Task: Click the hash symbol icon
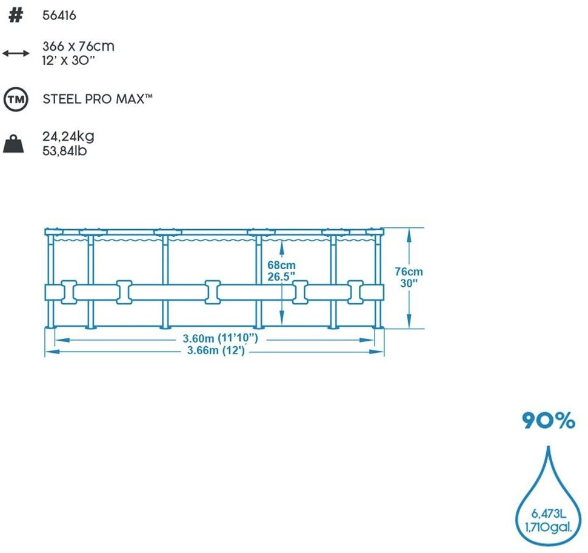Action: pyautogui.click(x=16, y=16)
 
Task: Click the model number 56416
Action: pyautogui.click(x=59, y=16)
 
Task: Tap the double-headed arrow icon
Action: pyautogui.click(x=16, y=53)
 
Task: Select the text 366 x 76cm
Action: pyautogui.click(x=78, y=46)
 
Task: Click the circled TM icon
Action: pyautogui.click(x=16, y=99)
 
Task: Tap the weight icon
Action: pyautogui.click(x=14, y=144)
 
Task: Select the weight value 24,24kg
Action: pyautogui.click(x=68, y=136)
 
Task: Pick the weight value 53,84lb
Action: pyautogui.click(x=65, y=151)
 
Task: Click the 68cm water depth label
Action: pyautogui.click(x=281, y=265)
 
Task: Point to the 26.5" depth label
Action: pyautogui.click(x=281, y=276)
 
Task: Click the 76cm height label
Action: pyautogui.click(x=409, y=272)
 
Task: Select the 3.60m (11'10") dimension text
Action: pyautogui.click(x=221, y=338)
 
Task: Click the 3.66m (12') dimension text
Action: pyautogui.click(x=215, y=350)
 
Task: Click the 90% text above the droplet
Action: pyautogui.click(x=548, y=421)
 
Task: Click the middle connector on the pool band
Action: pyautogui.click(x=212, y=292)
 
